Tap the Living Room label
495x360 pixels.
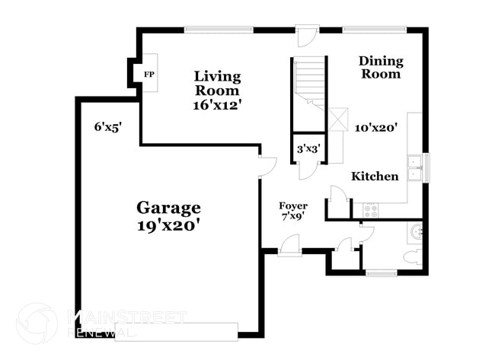click(217, 83)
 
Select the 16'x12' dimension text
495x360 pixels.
click(217, 105)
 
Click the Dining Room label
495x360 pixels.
click(380, 67)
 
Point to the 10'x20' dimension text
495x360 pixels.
click(376, 128)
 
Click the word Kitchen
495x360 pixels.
click(375, 177)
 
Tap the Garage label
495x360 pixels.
click(168, 207)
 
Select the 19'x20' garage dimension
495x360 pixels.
click(168, 225)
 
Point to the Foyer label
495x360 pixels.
click(293, 205)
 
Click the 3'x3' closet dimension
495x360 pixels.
click(308, 149)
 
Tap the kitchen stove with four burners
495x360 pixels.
click(371, 211)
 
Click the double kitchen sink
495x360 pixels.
click(415, 167)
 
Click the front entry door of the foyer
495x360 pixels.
click(290, 246)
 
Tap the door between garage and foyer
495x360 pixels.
click(266, 167)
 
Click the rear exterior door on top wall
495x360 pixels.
click(306, 36)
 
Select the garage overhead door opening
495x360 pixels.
click(176, 331)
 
